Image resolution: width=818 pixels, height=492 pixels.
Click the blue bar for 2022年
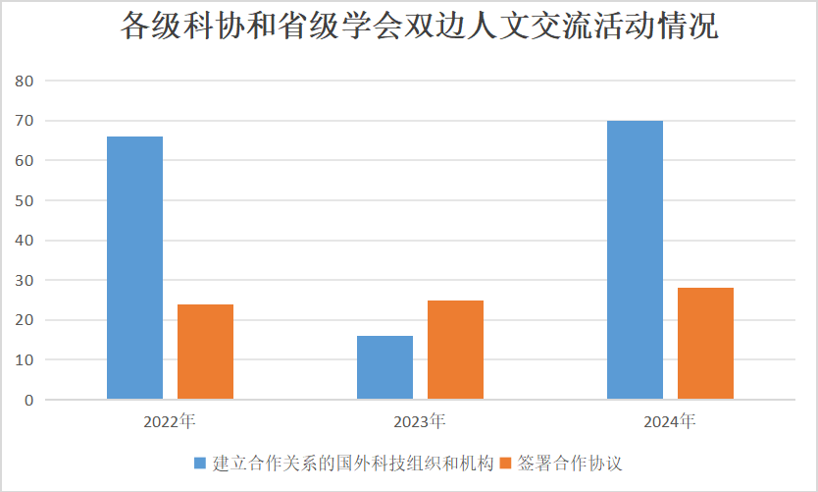tap(134, 267)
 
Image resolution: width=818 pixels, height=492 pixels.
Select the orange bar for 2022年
tap(205, 352)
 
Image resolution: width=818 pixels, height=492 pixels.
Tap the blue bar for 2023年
tap(384, 367)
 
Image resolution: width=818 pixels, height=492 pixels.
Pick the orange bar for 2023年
tap(455, 350)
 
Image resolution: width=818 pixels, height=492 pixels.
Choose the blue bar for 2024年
tap(635, 259)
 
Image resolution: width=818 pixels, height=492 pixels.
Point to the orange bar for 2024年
tap(705, 343)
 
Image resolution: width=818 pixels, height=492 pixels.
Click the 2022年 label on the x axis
tap(170, 422)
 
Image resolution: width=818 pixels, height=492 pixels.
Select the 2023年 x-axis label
tap(420, 422)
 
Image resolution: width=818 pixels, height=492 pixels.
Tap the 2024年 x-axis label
tap(670, 422)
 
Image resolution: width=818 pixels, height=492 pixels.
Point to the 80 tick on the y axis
tap(25, 81)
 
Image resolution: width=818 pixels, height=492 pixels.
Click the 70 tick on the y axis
tap(25, 121)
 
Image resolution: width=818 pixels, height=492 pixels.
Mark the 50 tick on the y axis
tap(25, 200)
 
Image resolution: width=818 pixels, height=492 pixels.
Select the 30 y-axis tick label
tap(25, 281)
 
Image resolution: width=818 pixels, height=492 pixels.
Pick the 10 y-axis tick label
tap(25, 360)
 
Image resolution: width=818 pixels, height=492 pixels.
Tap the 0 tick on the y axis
tap(29, 401)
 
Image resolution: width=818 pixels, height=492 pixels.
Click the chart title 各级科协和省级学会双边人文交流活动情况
tap(419, 27)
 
